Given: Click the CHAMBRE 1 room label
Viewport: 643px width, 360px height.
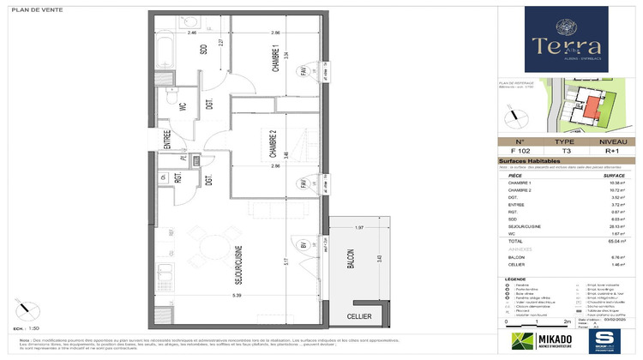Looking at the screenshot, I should tap(276, 63).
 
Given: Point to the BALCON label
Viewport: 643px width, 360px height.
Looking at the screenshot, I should tap(349, 258).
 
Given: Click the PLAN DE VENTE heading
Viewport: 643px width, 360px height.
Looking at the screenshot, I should tap(34, 7).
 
